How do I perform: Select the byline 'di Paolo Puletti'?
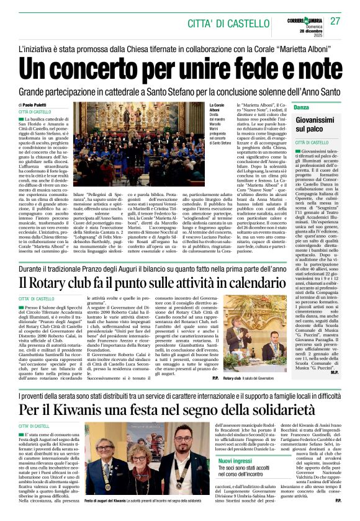(x=37, y=105)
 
